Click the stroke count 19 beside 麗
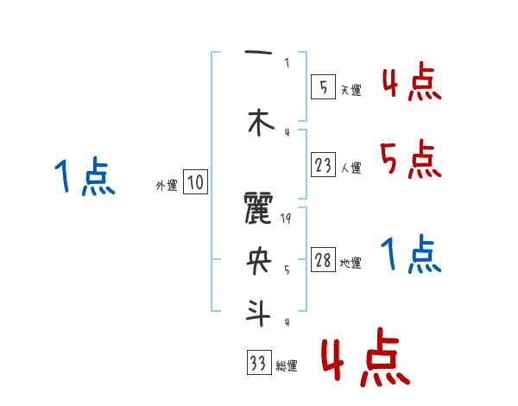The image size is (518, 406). [287, 219]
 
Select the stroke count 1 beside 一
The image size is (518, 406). [287, 62]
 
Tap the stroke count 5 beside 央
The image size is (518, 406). [287, 269]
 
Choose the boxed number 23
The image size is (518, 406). [323, 164]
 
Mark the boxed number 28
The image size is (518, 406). [323, 261]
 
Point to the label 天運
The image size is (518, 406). [351, 89]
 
